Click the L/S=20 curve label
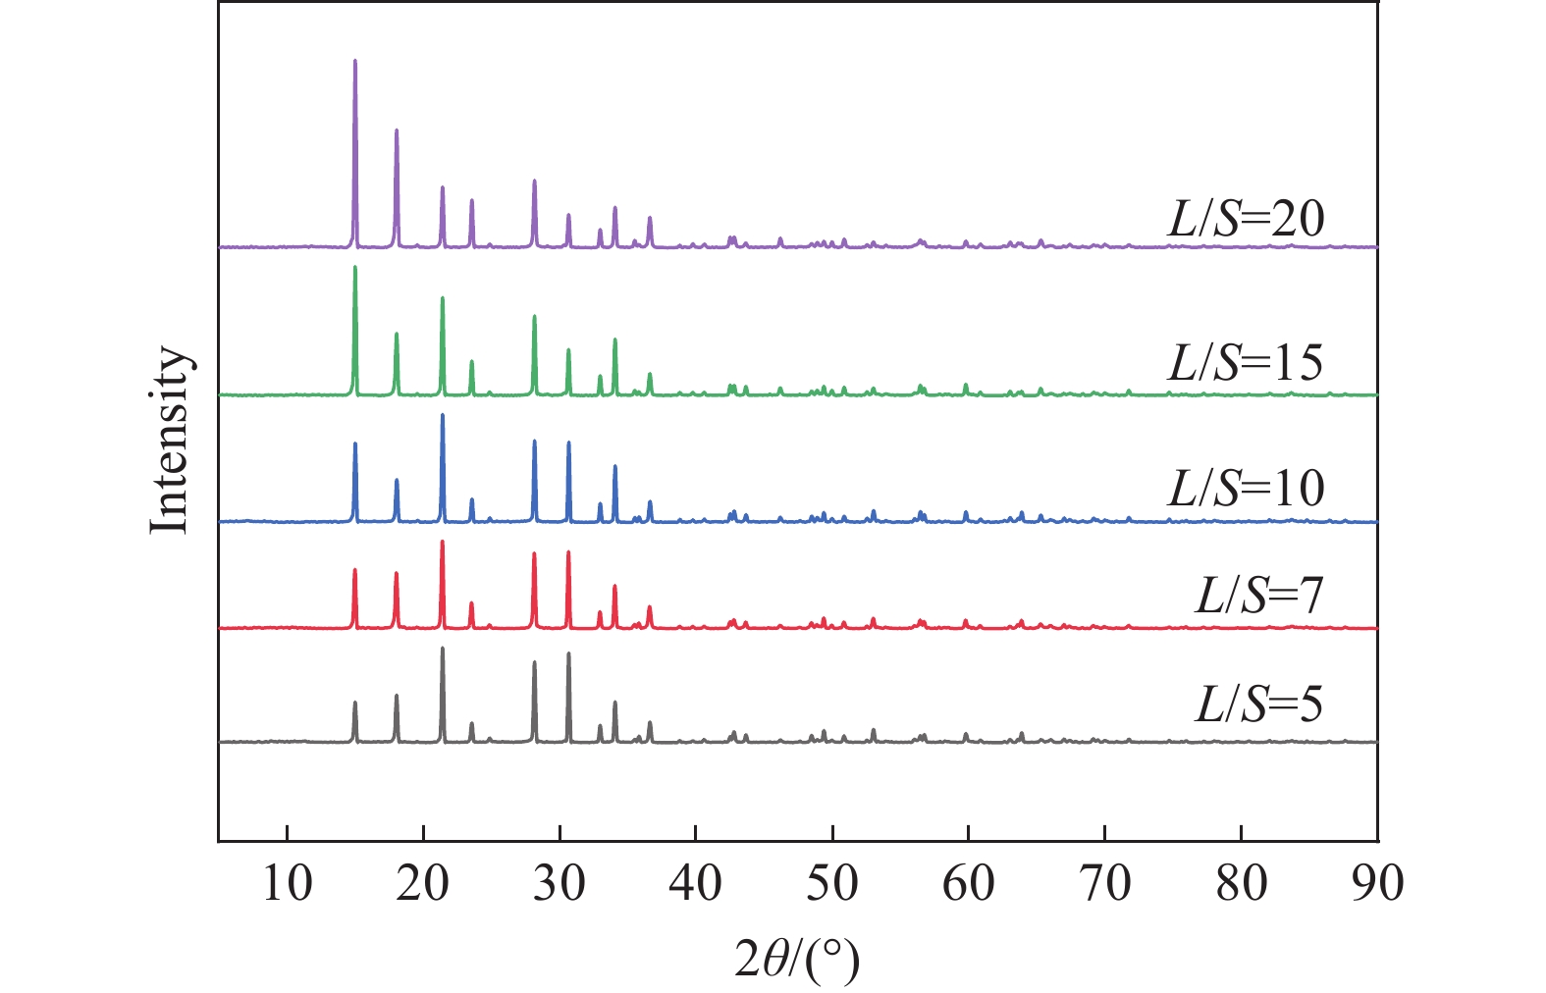tap(1246, 219)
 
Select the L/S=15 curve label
tap(1246, 363)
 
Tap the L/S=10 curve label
tap(1246, 488)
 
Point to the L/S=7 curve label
tap(1259, 595)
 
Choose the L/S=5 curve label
tap(1259, 704)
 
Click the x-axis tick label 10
tap(287, 883)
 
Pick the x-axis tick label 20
tap(423, 883)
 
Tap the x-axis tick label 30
tap(560, 883)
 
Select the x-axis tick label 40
tap(696, 883)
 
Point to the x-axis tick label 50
tap(832, 883)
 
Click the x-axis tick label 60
tap(969, 883)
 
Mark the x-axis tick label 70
tap(1105, 883)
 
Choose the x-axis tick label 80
tap(1242, 883)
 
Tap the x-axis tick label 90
tap(1377, 883)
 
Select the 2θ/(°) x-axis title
tap(797, 959)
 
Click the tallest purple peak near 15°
tap(354, 62)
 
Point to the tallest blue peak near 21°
tap(443, 416)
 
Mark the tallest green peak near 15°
tap(354, 268)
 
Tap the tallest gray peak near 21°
tap(443, 649)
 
